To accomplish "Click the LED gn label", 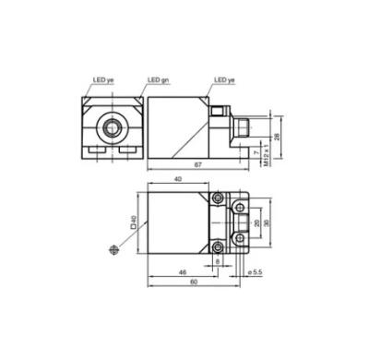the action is pyautogui.click(x=159, y=80).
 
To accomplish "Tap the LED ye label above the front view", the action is pyautogui.click(x=103, y=80).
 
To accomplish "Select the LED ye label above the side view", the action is pyautogui.click(x=224, y=80).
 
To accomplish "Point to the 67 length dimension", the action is pyautogui.click(x=198, y=164).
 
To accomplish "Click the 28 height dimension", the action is pyautogui.click(x=277, y=137).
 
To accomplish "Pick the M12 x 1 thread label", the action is pyautogui.click(x=267, y=155).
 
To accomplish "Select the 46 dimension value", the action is pyautogui.click(x=183, y=272).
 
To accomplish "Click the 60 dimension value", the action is pyautogui.click(x=194, y=282).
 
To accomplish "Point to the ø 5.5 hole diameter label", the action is pyautogui.click(x=255, y=272).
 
